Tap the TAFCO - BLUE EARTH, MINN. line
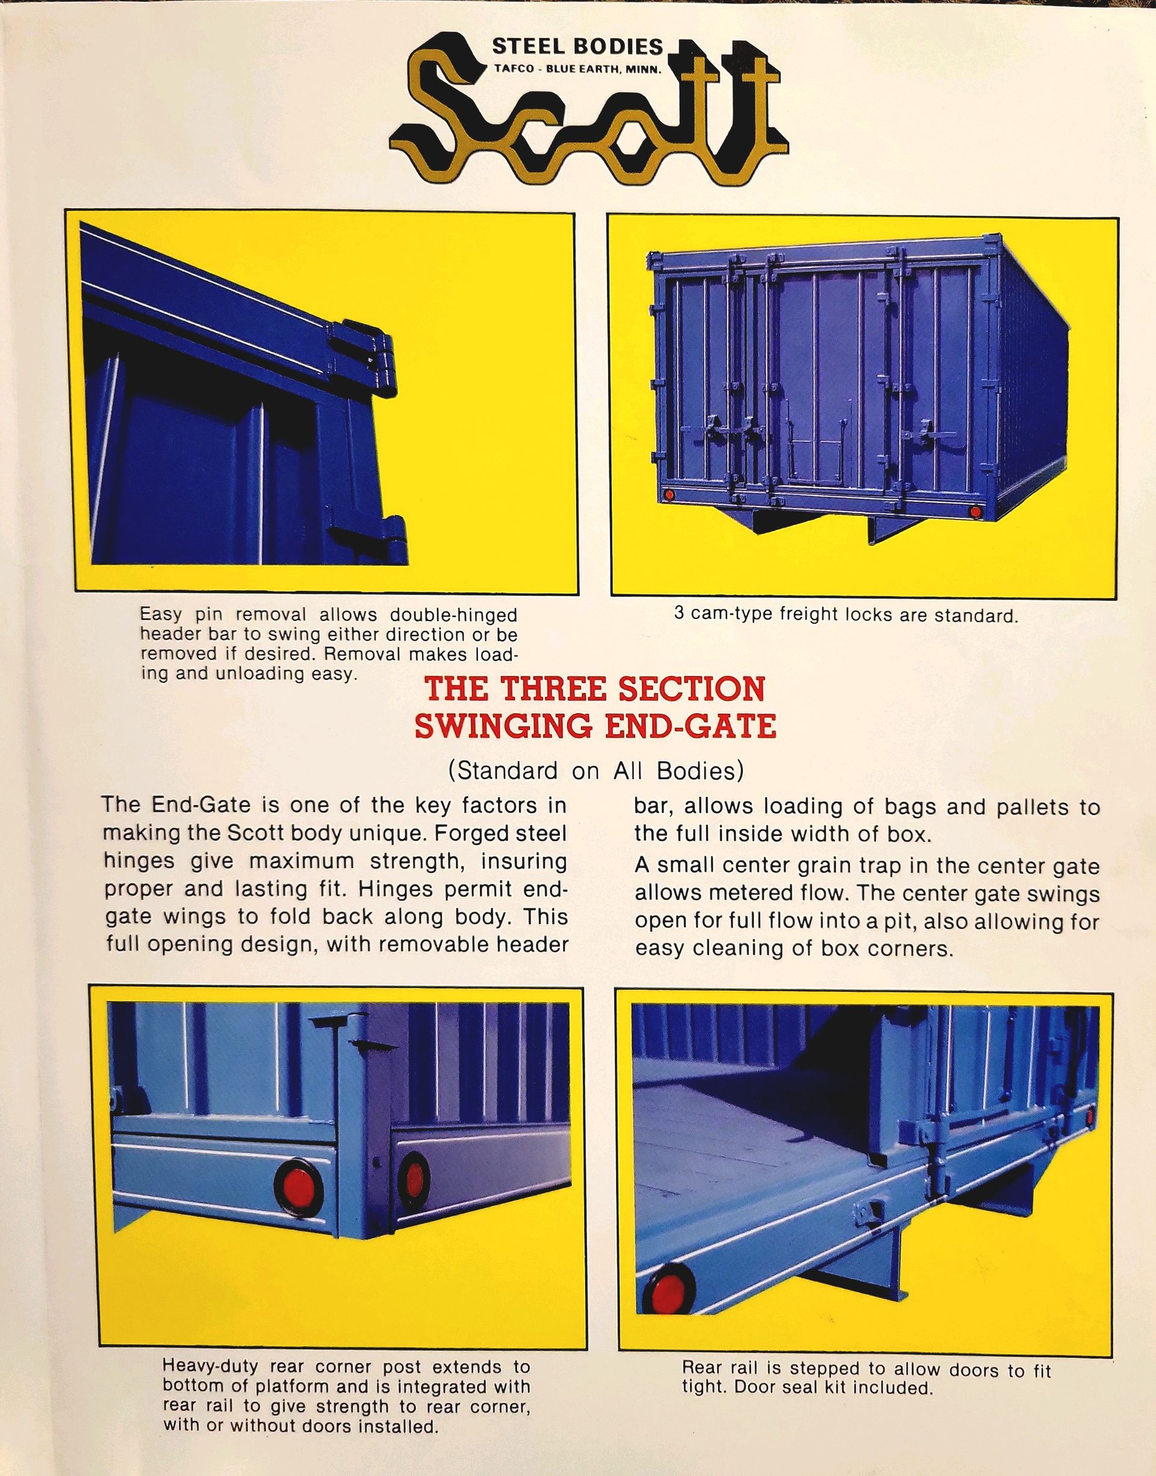tap(577, 69)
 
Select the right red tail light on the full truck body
tap(975, 512)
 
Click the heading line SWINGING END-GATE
tap(594, 727)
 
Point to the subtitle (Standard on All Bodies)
tap(594, 771)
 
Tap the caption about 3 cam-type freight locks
tap(845, 615)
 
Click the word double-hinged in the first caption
tap(453, 615)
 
